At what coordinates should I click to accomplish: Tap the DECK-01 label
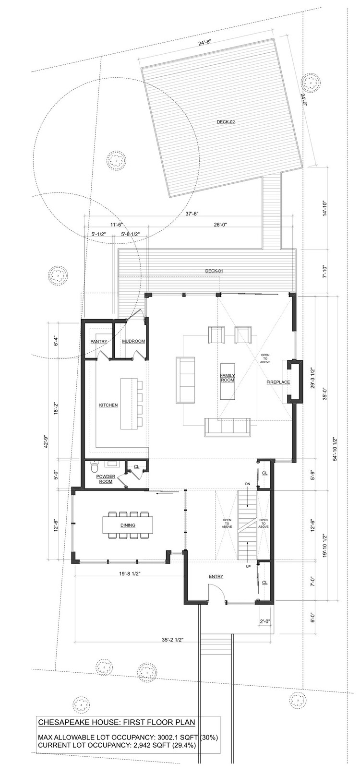pyautogui.click(x=214, y=271)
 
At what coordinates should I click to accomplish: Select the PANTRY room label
pyautogui.click(x=99, y=341)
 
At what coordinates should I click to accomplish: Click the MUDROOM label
pyautogui.click(x=133, y=341)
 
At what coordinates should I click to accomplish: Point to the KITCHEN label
pyautogui.click(x=108, y=405)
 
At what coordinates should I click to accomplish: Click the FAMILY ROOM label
pyautogui.click(x=228, y=378)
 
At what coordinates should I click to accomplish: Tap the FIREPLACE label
pyautogui.click(x=278, y=382)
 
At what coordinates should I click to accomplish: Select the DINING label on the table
pyautogui.click(x=128, y=525)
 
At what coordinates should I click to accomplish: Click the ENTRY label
pyautogui.click(x=216, y=576)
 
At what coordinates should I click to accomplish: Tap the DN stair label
pyautogui.click(x=247, y=483)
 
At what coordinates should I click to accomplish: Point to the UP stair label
pyautogui.click(x=248, y=566)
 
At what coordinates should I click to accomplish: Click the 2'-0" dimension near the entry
pyautogui.click(x=264, y=621)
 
